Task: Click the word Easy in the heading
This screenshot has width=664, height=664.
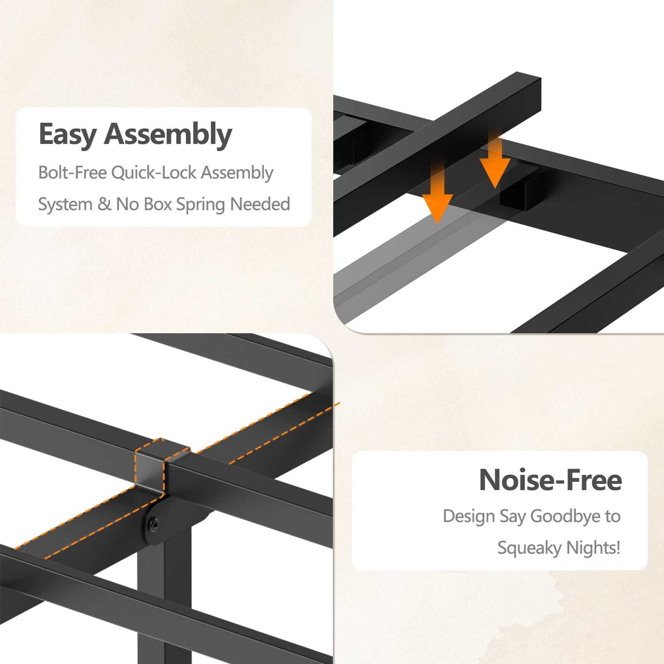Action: click(68, 134)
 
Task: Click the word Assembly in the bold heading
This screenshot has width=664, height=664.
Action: click(168, 134)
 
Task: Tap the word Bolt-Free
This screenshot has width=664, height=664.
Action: click(73, 172)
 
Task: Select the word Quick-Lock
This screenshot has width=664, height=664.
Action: click(154, 173)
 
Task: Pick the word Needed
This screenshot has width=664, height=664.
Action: click(260, 204)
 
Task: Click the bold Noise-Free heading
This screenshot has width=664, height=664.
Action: click(550, 480)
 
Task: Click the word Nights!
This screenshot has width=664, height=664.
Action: click(593, 548)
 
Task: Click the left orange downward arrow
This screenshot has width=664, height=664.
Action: click(438, 193)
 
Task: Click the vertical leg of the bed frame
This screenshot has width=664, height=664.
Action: click(164, 597)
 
